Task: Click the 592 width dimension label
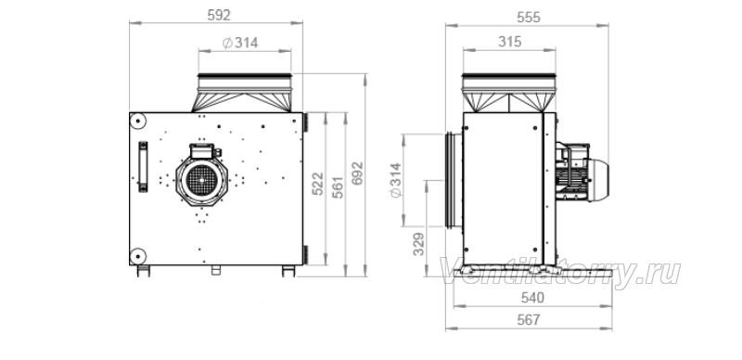coord(219,15)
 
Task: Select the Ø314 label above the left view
coord(240,43)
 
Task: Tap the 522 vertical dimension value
coord(317,184)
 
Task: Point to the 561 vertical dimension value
coord(338,186)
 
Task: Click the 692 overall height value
coord(358,174)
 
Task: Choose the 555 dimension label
coord(528,17)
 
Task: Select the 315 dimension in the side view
coord(509,42)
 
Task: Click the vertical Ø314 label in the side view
coord(395,180)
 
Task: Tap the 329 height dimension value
coord(419,244)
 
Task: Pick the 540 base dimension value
coord(532,298)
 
